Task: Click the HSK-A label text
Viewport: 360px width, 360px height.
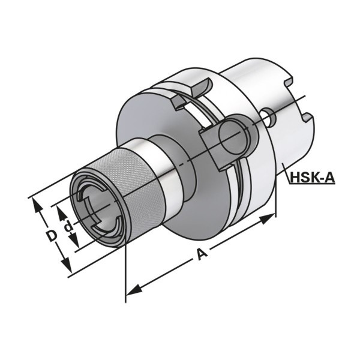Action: (x=313, y=178)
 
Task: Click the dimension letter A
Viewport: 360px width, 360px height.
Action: (x=202, y=254)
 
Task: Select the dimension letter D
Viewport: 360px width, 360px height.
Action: (x=51, y=236)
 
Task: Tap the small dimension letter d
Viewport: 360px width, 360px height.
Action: (x=68, y=226)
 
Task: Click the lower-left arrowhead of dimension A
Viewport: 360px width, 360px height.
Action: (x=134, y=290)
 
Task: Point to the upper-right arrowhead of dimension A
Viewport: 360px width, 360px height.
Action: (x=267, y=219)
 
